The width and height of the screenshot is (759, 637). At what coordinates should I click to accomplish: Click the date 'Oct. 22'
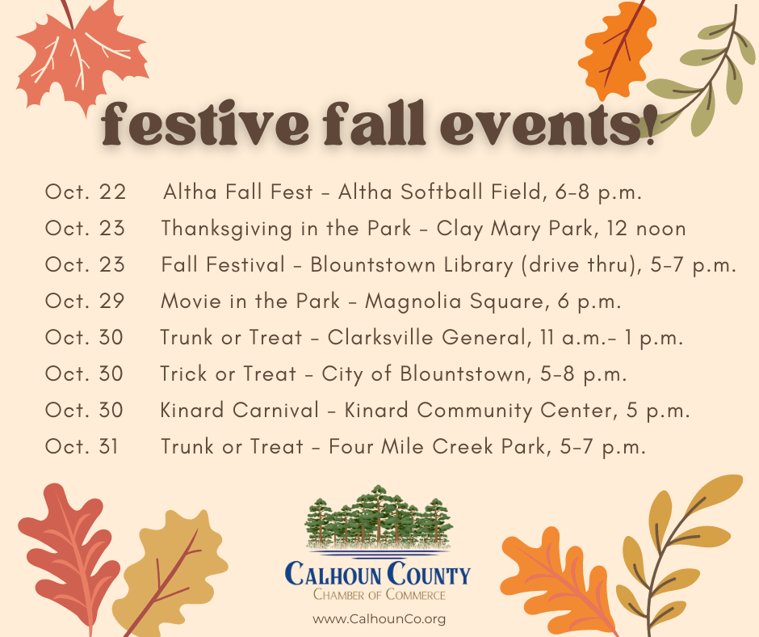pos(86,192)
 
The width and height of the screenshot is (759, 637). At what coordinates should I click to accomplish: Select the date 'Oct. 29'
pos(85,301)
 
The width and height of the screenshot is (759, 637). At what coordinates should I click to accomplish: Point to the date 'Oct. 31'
pos(82,446)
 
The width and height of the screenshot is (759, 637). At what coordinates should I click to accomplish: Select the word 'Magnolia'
pos(413,302)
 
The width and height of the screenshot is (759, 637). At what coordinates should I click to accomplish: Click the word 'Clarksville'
pos(380,337)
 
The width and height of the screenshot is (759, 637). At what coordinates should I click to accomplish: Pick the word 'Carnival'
pos(276,410)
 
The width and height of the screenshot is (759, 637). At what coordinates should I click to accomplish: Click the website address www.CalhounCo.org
pos(379,619)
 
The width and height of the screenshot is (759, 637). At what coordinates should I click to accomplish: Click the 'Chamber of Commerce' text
pos(379,594)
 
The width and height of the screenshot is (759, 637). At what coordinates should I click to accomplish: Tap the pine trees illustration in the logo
pos(379,517)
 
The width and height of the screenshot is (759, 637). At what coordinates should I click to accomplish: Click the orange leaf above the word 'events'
pos(616,49)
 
